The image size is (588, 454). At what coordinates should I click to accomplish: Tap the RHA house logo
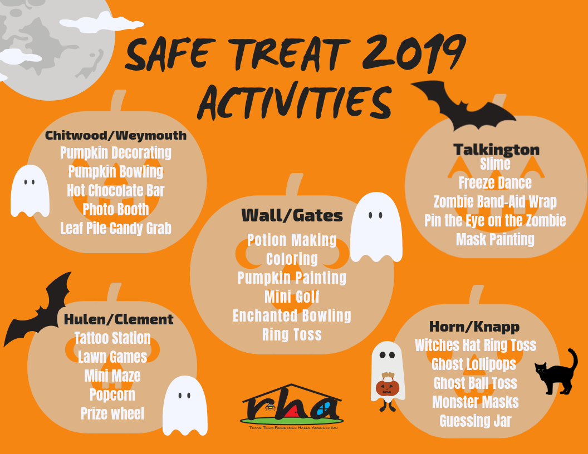click(x=292, y=406)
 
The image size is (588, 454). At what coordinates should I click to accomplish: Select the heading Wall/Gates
click(x=292, y=215)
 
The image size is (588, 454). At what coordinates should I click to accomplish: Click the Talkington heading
click(x=496, y=150)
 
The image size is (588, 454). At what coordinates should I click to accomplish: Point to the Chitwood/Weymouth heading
click(x=115, y=135)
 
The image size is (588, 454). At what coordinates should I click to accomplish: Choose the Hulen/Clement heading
click(x=119, y=319)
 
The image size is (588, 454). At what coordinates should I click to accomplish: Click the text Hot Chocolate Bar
click(x=115, y=190)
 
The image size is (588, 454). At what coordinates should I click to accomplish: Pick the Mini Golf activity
click(x=292, y=297)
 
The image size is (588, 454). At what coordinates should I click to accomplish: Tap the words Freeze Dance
click(x=495, y=183)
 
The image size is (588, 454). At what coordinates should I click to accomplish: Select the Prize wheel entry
click(x=112, y=413)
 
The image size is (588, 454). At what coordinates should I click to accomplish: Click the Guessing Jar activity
click(x=475, y=421)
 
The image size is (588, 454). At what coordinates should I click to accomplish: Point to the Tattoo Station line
click(x=112, y=338)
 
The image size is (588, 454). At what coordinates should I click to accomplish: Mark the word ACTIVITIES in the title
click(x=295, y=101)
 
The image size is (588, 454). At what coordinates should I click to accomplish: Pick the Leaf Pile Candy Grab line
click(x=115, y=228)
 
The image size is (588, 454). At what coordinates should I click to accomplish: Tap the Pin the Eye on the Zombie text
click(x=495, y=221)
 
